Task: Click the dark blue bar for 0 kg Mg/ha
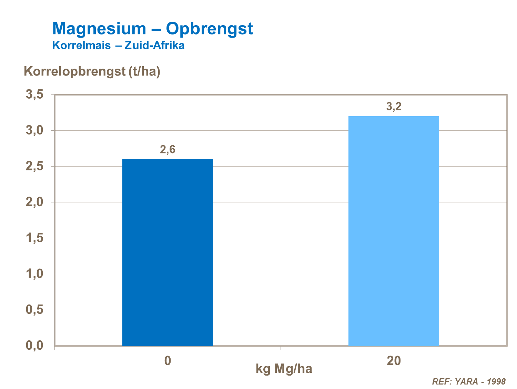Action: coord(168,252)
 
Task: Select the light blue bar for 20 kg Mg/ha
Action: coord(394,231)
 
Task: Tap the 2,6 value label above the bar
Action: coord(168,149)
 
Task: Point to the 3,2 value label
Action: coord(394,107)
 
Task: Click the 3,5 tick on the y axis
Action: coord(34,94)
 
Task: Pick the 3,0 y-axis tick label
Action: coord(34,130)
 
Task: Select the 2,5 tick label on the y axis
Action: coord(34,166)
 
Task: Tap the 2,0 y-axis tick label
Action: coord(34,202)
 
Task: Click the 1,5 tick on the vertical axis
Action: coord(34,238)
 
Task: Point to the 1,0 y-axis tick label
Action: coord(34,274)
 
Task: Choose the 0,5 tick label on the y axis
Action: coord(34,310)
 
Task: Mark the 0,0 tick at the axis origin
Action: coord(34,346)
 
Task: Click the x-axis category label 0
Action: coord(168,361)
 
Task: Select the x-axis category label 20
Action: coord(394,361)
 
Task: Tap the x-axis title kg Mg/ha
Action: coord(284,369)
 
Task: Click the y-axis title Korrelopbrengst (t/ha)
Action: coord(92,71)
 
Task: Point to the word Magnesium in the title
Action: coord(99,29)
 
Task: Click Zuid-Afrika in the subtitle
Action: coord(154,46)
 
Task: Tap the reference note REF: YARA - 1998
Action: coord(469,381)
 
